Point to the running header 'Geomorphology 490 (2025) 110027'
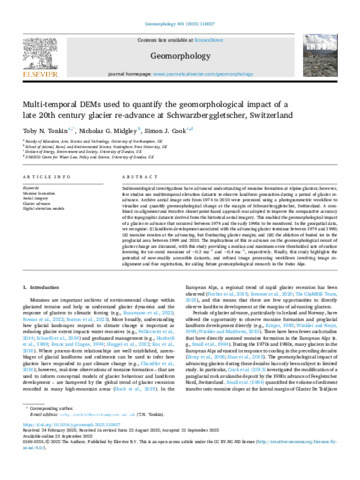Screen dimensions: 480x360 click(x=180, y=7)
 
